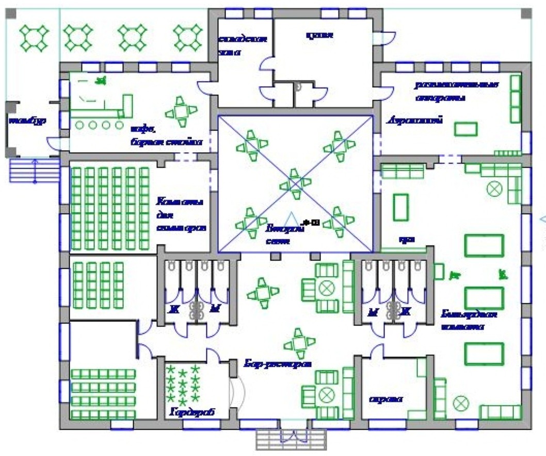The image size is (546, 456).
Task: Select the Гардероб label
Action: pos(191,413)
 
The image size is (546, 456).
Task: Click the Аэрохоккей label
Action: pos(415,121)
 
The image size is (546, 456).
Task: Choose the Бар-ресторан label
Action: pos(278,363)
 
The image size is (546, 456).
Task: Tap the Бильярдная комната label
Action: pos(469,320)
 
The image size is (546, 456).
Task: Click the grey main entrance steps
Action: pos(292,439)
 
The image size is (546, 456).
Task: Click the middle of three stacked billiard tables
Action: pos(484,298)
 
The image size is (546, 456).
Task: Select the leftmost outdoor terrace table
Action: pos(34,37)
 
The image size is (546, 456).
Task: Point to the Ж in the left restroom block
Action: pos(174,310)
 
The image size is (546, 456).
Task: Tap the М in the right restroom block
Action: pos(372,312)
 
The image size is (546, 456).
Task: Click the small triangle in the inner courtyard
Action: pos(292,219)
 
